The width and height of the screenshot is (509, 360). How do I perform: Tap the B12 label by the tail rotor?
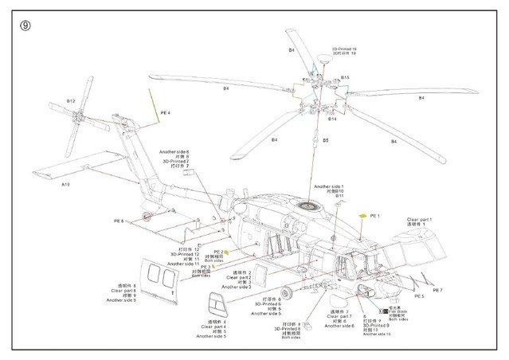71,102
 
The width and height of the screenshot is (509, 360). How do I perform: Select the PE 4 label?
165,113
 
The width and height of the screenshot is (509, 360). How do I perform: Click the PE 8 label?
119,221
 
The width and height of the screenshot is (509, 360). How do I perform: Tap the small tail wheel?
145,217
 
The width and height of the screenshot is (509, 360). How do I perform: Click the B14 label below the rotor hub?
332,119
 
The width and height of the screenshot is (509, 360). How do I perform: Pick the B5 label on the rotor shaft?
325,140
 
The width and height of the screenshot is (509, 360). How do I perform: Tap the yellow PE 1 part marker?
363,216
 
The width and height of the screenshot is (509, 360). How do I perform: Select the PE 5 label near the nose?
440,297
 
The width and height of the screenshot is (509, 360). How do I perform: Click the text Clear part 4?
213,327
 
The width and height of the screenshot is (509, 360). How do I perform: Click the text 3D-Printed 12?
186,253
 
